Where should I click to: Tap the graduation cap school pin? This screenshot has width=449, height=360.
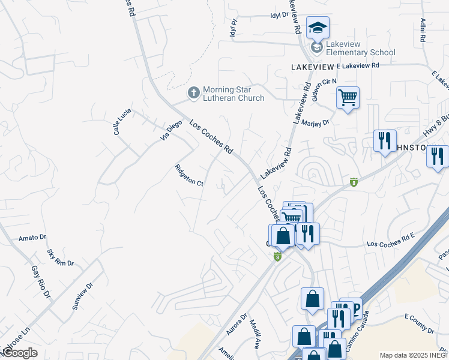(318, 28)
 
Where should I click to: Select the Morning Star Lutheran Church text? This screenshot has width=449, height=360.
(233, 94)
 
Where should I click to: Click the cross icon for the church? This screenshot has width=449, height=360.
(193, 93)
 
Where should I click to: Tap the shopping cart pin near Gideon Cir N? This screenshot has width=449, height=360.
(348, 97)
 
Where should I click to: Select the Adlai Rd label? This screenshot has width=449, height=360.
(423, 29)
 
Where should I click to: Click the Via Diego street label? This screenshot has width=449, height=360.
(170, 130)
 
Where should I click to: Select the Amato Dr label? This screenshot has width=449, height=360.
(32, 238)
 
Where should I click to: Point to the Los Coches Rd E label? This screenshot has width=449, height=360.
(391, 244)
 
